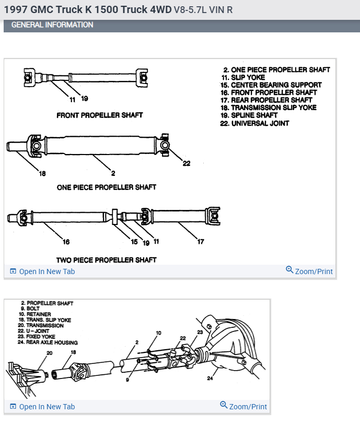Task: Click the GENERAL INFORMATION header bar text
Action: (52, 25)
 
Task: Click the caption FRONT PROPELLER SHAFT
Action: (100, 115)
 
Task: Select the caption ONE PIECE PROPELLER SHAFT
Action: (107, 187)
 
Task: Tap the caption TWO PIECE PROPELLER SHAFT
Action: (107, 259)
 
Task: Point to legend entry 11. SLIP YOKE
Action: (248, 77)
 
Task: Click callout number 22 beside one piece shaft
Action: (187, 163)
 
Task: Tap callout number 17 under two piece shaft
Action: (201, 242)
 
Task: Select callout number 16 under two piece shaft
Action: (66, 242)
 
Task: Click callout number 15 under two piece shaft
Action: (134, 242)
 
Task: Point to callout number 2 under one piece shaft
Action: (113, 173)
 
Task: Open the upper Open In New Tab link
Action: (47, 271)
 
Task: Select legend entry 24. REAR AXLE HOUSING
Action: (48, 342)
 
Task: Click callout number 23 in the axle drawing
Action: (200, 332)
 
